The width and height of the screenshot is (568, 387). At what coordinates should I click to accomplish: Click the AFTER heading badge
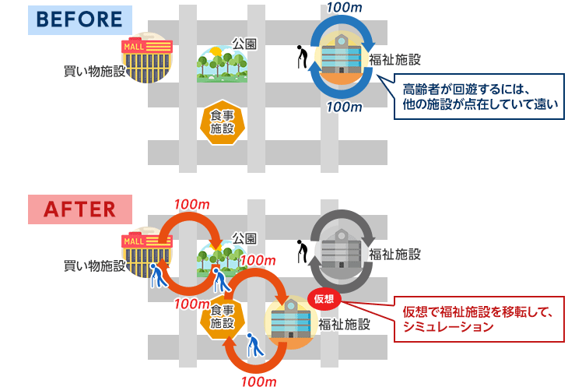click(x=80, y=209)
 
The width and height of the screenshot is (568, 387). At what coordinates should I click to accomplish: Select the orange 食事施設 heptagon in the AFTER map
click(x=222, y=317)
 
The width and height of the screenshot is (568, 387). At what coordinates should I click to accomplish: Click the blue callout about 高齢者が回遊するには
click(x=476, y=97)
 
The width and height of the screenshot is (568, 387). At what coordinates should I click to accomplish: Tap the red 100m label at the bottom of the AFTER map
click(x=260, y=381)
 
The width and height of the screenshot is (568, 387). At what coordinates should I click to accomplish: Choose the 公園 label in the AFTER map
click(x=244, y=237)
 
